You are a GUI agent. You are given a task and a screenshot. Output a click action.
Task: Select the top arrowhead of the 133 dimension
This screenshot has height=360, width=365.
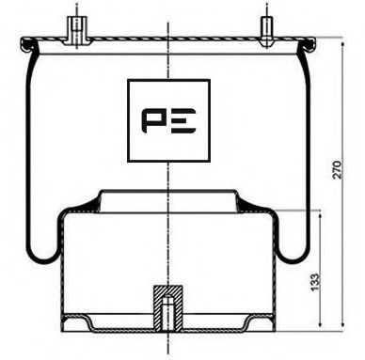pyautogui.click(x=323, y=213)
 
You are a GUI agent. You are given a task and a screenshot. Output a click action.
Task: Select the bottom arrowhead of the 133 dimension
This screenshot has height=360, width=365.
pyautogui.click(x=323, y=325)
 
